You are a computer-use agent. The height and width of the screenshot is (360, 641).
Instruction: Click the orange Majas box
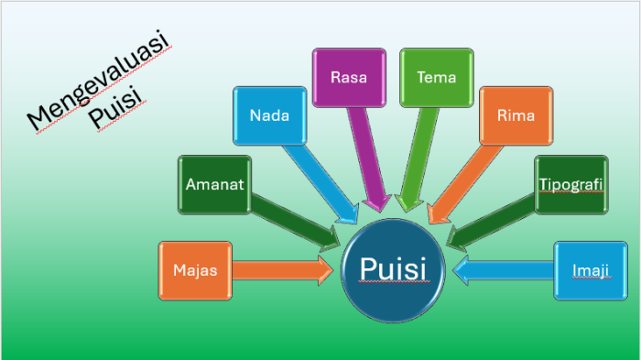[x=193, y=270]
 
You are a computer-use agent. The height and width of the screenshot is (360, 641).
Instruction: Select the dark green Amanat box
[x=214, y=184]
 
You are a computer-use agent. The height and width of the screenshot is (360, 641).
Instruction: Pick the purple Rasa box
[x=348, y=77]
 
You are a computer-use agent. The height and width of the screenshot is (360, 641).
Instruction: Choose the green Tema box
[x=436, y=77]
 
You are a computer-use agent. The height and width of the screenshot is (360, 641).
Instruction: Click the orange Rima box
[x=516, y=115]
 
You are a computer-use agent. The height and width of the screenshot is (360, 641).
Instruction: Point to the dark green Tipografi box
[x=570, y=184]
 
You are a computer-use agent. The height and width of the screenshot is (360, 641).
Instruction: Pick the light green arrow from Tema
[x=418, y=156]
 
